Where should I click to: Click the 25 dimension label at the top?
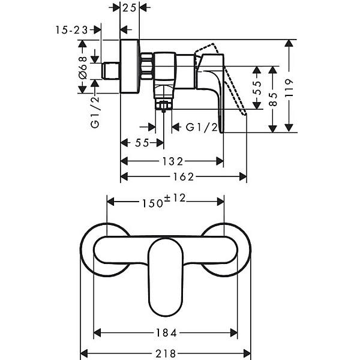click(129, 8)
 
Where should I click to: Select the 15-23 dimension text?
click(72, 30)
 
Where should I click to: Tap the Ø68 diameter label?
click(83, 68)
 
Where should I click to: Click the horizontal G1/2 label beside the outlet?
click(202, 127)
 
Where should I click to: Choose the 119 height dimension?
click(289, 88)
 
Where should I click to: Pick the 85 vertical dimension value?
click(273, 99)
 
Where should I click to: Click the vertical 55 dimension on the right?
click(257, 88)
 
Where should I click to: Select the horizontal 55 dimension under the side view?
click(142, 143)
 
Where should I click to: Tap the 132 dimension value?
click(173, 161)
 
